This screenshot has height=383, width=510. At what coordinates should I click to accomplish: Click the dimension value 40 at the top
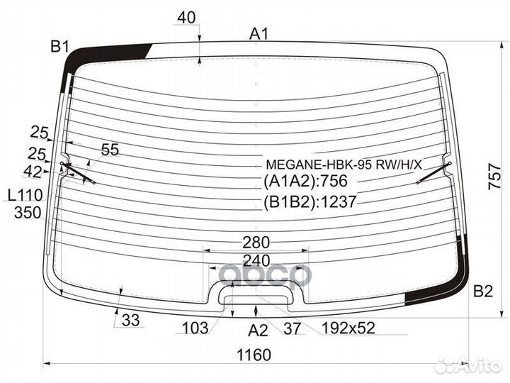186,18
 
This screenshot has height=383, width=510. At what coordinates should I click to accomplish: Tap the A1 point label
259,34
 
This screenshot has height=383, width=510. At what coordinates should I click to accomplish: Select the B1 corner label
59,48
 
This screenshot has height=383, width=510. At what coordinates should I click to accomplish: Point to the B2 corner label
483,291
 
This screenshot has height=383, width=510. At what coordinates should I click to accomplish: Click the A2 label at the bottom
258,331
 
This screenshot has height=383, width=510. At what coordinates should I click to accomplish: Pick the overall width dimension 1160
254,355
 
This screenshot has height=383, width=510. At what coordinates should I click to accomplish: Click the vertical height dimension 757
494,177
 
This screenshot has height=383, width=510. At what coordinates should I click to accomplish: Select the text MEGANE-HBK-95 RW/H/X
344,165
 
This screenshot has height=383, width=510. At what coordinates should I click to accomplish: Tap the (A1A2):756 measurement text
305,181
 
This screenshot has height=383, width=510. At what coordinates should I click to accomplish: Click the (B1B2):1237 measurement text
310,202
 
